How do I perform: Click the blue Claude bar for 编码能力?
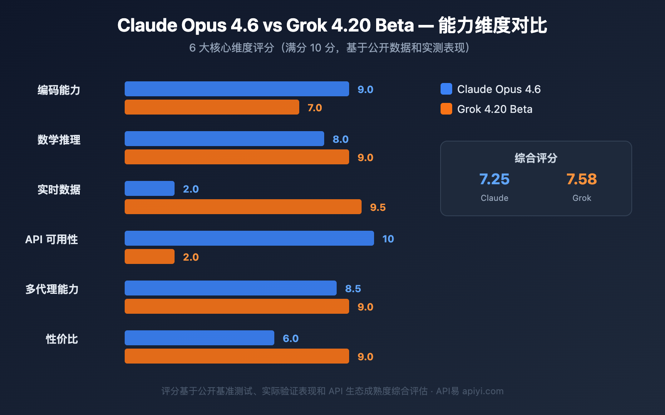point(237,89)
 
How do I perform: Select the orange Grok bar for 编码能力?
point(212,107)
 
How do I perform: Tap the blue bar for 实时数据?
point(150,188)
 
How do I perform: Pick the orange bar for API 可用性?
point(150,256)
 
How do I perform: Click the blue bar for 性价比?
point(199,338)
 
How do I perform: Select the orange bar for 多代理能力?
point(237,306)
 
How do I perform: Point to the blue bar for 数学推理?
point(224,139)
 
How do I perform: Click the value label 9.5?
point(378,207)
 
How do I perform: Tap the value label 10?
point(388,239)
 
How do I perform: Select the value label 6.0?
point(291,338)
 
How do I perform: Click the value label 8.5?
point(353,288)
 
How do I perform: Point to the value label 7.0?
point(315,107)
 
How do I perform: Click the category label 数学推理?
point(59,140)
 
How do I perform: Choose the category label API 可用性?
point(52,239)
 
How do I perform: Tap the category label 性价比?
point(62,339)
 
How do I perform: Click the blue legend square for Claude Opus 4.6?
point(446,89)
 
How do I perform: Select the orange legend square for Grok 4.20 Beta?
point(446,109)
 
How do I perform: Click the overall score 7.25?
point(494,179)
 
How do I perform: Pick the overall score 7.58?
point(581,179)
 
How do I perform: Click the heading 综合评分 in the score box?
point(536,158)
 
